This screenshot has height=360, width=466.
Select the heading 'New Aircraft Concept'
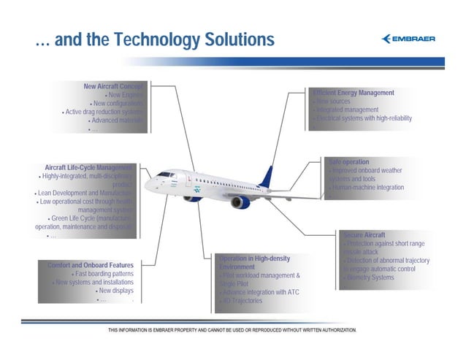116,87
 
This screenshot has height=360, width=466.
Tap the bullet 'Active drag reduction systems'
105,112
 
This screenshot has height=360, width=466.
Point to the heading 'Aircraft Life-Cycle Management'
88,167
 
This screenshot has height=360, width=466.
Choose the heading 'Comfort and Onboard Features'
90,264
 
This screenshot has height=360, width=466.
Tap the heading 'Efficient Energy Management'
354,93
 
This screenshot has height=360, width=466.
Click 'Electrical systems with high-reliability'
363,118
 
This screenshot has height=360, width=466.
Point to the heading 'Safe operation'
349,161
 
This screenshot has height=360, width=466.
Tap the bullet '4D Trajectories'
242,301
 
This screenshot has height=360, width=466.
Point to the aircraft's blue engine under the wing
240,202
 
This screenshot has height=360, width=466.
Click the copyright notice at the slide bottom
232,331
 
